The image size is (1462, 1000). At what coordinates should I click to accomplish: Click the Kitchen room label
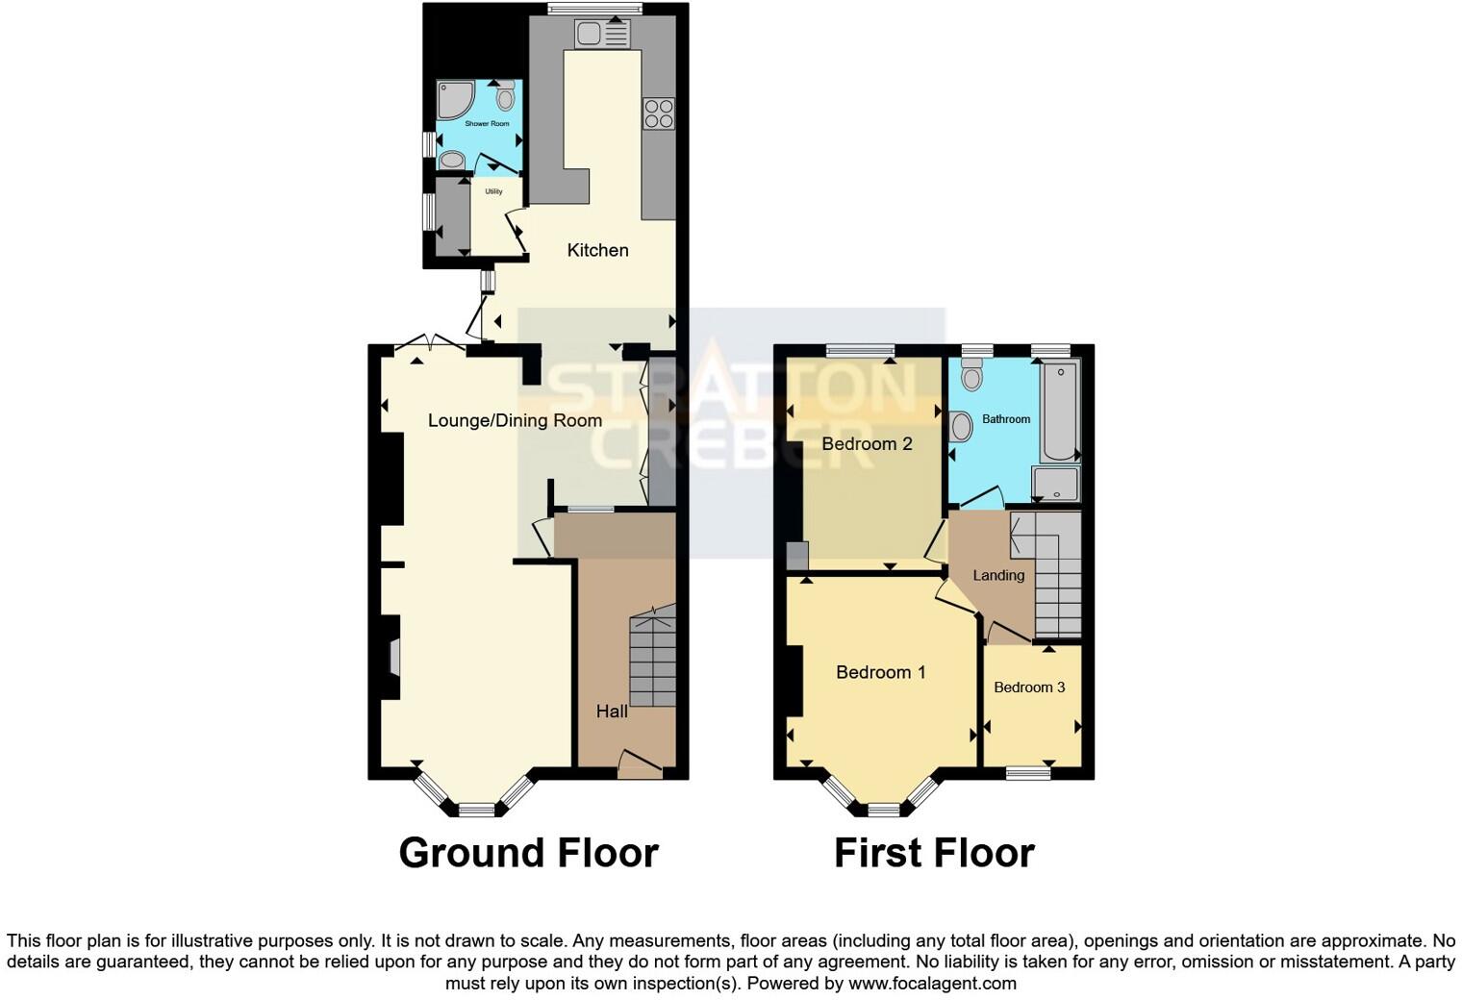[597, 250]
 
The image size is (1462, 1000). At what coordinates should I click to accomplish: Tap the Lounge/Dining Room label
[515, 420]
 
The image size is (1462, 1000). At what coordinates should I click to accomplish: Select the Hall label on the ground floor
[612, 712]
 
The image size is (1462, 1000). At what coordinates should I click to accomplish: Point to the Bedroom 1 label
[880, 672]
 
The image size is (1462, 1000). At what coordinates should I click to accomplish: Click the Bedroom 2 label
[867, 443]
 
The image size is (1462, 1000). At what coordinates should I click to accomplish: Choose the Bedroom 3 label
[1029, 687]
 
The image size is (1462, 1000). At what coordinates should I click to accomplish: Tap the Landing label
[998, 575]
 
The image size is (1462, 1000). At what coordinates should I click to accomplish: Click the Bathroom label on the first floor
[1006, 419]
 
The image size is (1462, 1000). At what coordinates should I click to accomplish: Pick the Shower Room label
[487, 124]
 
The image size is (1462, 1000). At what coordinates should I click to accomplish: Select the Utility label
[493, 191]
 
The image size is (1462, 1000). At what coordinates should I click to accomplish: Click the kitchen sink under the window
[601, 35]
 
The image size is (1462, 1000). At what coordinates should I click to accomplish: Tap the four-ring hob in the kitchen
[659, 113]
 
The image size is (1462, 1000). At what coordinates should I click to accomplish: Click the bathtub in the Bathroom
[1060, 412]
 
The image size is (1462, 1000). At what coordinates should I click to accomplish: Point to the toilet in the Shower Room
[506, 97]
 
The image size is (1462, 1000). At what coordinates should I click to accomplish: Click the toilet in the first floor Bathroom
[971, 374]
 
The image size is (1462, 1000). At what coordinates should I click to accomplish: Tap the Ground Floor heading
[528, 853]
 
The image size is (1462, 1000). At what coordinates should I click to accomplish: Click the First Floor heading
[934, 853]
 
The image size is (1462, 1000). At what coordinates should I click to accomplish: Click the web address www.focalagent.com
[932, 983]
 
